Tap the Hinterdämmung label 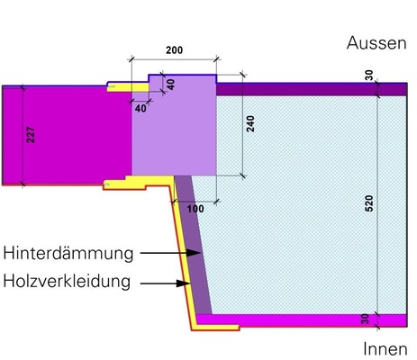pyautogui.click(x=68, y=252)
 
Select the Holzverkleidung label pyautogui.click(x=67, y=281)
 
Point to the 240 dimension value pyautogui.click(x=250, y=125)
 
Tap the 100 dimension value pyautogui.click(x=195, y=208)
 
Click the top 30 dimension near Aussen pyautogui.click(x=368, y=76)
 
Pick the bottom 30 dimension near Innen pyautogui.click(x=368, y=319)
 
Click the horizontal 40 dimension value pyautogui.click(x=141, y=108)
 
